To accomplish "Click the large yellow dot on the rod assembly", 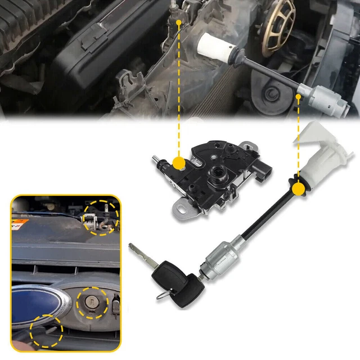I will coord(298,187).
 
